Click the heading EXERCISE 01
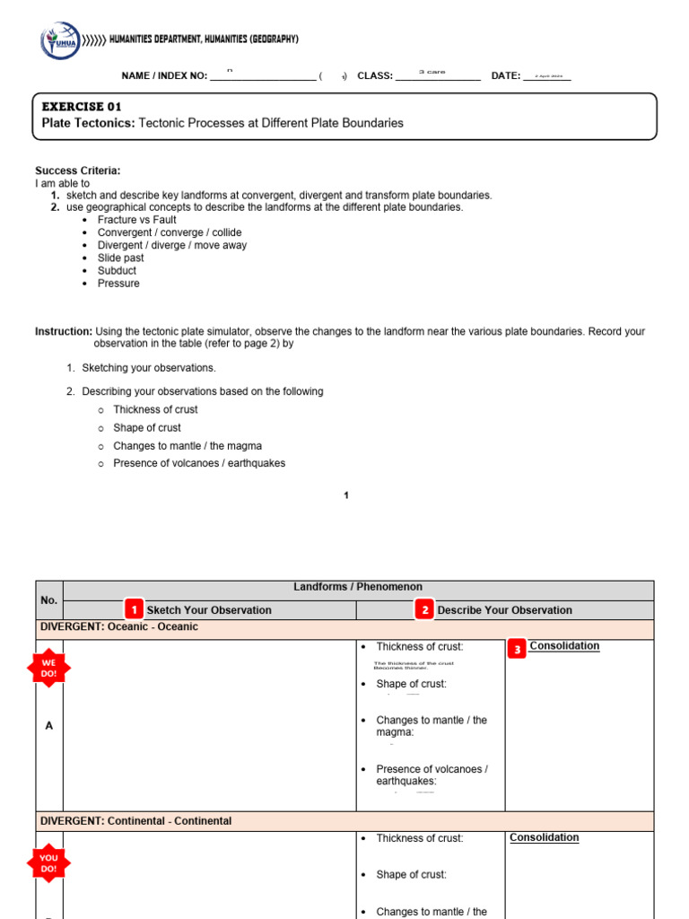(x=82, y=107)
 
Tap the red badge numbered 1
(x=133, y=609)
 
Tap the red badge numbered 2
(x=423, y=609)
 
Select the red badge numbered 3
(x=517, y=648)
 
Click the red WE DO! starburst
(x=48, y=668)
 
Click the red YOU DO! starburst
(x=48, y=862)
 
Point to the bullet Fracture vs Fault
(x=136, y=220)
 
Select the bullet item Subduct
(x=117, y=271)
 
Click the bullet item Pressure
(x=118, y=284)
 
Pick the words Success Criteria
(x=77, y=171)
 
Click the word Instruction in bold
(x=63, y=331)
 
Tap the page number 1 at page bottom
(x=346, y=495)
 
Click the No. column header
(x=48, y=600)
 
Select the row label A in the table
(x=48, y=725)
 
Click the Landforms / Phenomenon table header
(x=358, y=587)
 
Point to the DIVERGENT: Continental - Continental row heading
(x=135, y=821)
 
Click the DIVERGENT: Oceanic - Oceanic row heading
(x=118, y=627)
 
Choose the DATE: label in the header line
(x=505, y=76)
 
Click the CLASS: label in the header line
(x=375, y=76)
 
